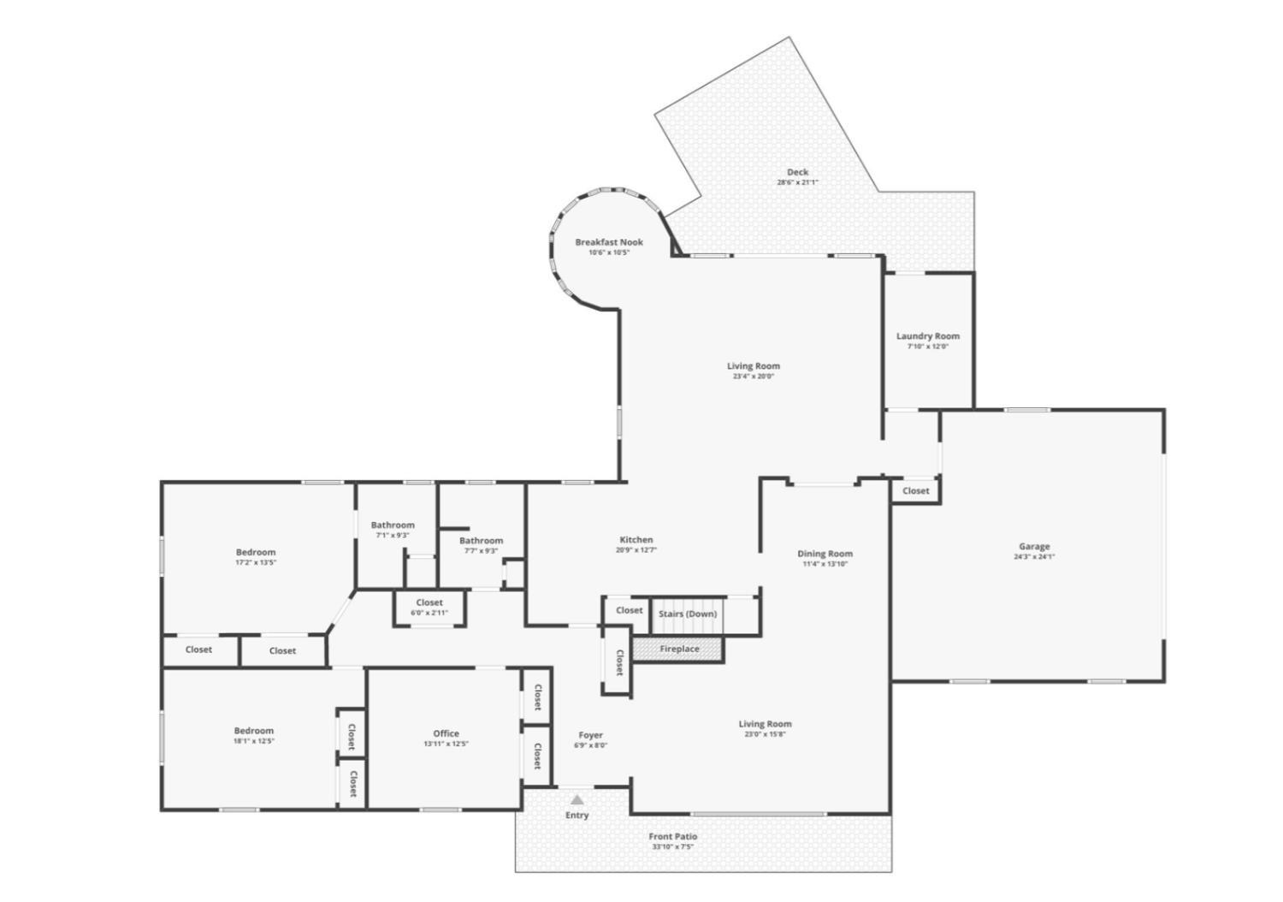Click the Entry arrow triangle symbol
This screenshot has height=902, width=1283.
577,799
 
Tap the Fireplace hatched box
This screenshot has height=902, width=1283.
679,650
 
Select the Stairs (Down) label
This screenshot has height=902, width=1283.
688,614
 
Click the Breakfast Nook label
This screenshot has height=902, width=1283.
609,242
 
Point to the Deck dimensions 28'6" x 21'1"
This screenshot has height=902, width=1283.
797,182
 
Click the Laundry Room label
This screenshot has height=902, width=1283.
928,336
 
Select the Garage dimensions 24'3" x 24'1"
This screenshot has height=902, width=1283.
1034,556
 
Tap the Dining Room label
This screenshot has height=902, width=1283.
825,554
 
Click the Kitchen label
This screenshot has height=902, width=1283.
636,540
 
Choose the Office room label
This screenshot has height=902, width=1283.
446,733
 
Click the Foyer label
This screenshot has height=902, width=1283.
591,735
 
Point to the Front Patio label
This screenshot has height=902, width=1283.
673,836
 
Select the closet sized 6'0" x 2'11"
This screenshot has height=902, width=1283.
429,608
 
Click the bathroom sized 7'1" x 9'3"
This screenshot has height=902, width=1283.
393,530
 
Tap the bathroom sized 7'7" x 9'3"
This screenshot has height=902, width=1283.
481,545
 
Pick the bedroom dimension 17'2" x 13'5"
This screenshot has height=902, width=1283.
256,562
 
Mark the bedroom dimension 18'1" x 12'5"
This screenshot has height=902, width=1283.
254,741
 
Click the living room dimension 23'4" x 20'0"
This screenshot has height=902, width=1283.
754,376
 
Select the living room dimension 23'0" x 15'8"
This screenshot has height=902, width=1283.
766,733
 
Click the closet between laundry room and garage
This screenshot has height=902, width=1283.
915,490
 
